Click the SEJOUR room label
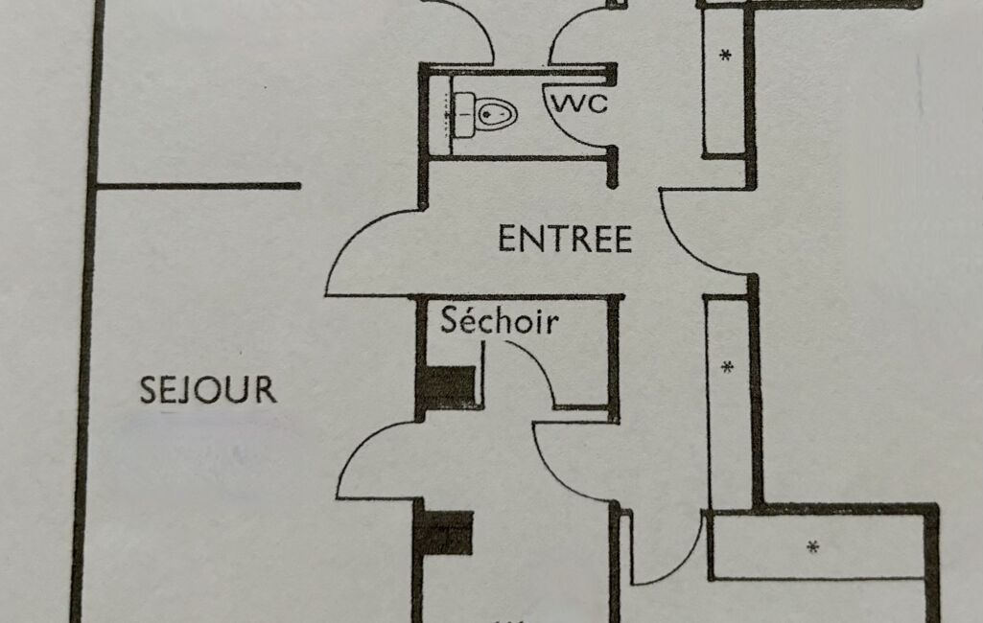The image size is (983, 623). pyautogui.click(x=208, y=390)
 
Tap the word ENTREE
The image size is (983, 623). pyautogui.click(x=565, y=239)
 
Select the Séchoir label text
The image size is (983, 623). pyautogui.click(x=499, y=321)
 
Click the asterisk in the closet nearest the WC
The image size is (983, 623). pyautogui.click(x=725, y=56)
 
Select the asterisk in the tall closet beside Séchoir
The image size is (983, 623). pyautogui.click(x=727, y=366)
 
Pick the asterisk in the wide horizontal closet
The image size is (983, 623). pyautogui.click(x=813, y=547)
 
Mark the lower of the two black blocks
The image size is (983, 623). pyautogui.click(x=448, y=534)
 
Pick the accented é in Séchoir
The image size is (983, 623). pyautogui.click(x=465, y=321)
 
